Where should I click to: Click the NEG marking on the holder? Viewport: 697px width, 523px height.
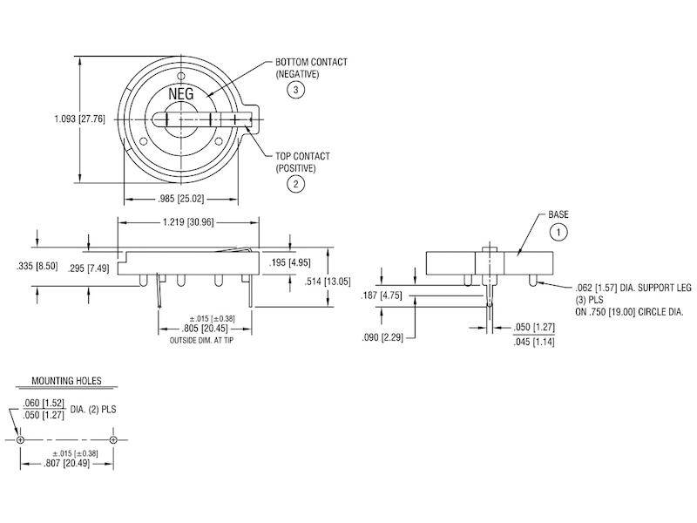coord(181,94)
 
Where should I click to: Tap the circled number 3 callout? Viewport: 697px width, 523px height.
coord(296,91)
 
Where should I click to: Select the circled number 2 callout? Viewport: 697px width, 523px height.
coord(296,184)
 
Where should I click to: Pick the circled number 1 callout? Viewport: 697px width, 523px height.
coord(558,232)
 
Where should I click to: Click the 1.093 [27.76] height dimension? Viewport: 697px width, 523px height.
coord(79,119)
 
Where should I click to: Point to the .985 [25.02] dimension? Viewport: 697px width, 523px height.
coord(181,199)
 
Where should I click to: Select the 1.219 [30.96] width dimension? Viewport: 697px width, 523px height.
coord(188,221)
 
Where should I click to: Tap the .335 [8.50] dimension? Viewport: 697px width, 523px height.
coord(37,266)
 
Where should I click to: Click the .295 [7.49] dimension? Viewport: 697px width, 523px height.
coord(89,268)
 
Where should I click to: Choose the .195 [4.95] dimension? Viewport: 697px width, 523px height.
coord(290,262)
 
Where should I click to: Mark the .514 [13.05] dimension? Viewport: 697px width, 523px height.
coord(328,281)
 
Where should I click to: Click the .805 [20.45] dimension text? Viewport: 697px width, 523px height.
coord(205,329)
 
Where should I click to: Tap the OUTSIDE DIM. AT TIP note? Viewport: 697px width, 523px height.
coord(201,340)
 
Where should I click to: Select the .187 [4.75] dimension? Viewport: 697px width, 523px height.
coord(382,295)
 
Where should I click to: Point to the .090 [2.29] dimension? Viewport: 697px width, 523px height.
coord(382,337)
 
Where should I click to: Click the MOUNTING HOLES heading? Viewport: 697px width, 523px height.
coord(67,381)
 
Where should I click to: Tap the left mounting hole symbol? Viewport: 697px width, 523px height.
coord(20,440)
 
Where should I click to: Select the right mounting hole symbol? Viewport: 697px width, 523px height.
coord(113,440)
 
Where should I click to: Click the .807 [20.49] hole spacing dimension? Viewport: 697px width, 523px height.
coord(67,464)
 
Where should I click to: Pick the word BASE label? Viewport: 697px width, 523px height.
coord(558,214)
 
